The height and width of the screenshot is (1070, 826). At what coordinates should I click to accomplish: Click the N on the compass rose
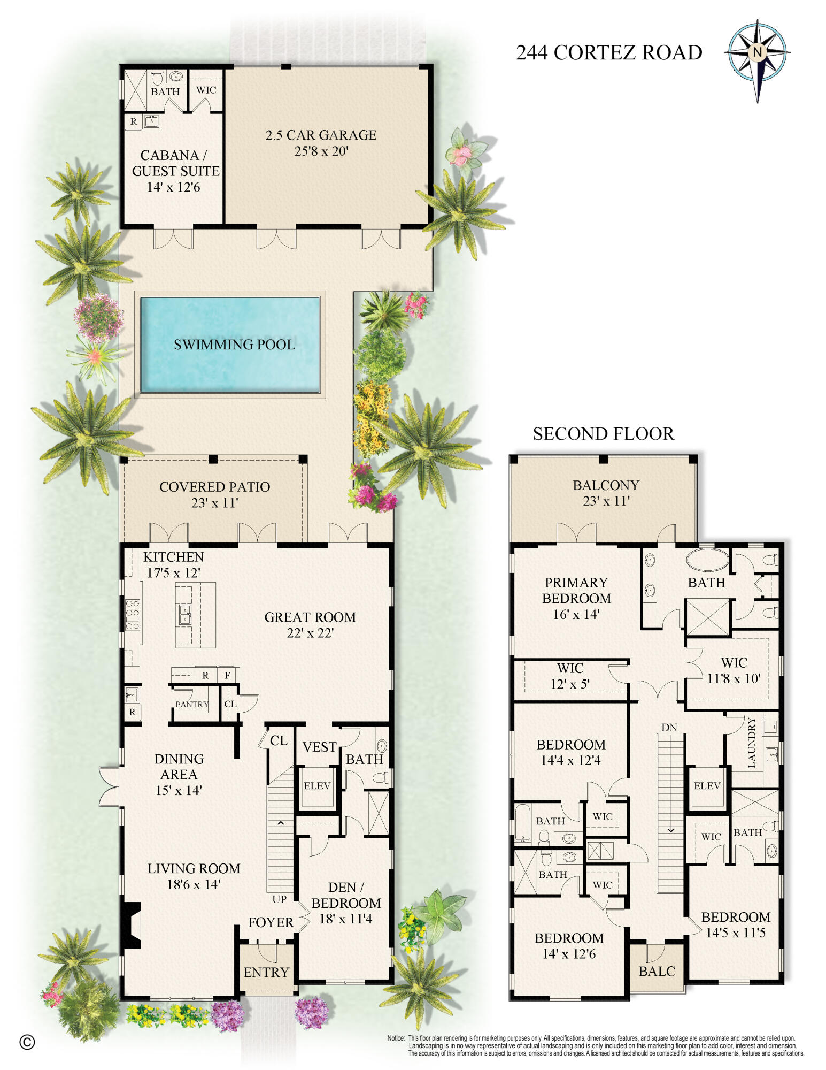(x=757, y=52)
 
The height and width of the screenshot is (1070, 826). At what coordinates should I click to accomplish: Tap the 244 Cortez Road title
(x=608, y=52)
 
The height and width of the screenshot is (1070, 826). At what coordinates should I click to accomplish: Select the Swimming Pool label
(x=234, y=344)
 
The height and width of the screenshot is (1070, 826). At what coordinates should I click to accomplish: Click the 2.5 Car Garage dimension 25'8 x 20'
(x=321, y=151)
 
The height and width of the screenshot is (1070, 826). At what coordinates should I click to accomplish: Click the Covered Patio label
(x=214, y=487)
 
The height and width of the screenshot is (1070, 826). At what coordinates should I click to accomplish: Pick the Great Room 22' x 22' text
(x=310, y=624)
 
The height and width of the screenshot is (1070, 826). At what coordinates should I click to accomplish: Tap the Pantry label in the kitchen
(x=191, y=704)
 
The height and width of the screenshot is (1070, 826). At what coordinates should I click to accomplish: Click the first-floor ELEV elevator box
(x=317, y=785)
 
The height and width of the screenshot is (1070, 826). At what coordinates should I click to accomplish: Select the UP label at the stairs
(x=279, y=899)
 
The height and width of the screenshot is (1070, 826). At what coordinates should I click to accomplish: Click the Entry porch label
(x=266, y=972)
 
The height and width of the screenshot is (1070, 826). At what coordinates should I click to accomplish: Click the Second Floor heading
(x=603, y=433)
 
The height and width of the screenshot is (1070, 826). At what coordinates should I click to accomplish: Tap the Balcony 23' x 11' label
(x=606, y=493)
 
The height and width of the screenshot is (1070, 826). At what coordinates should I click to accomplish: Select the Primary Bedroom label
(x=576, y=590)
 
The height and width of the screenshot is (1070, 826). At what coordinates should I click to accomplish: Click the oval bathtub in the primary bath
(x=707, y=560)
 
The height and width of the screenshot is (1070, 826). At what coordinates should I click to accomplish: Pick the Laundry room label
(x=752, y=743)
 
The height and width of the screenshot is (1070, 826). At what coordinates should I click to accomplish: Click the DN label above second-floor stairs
(x=669, y=727)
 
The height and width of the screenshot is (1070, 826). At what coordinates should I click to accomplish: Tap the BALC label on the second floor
(x=657, y=971)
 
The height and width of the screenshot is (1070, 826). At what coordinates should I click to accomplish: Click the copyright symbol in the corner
(x=27, y=1042)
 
